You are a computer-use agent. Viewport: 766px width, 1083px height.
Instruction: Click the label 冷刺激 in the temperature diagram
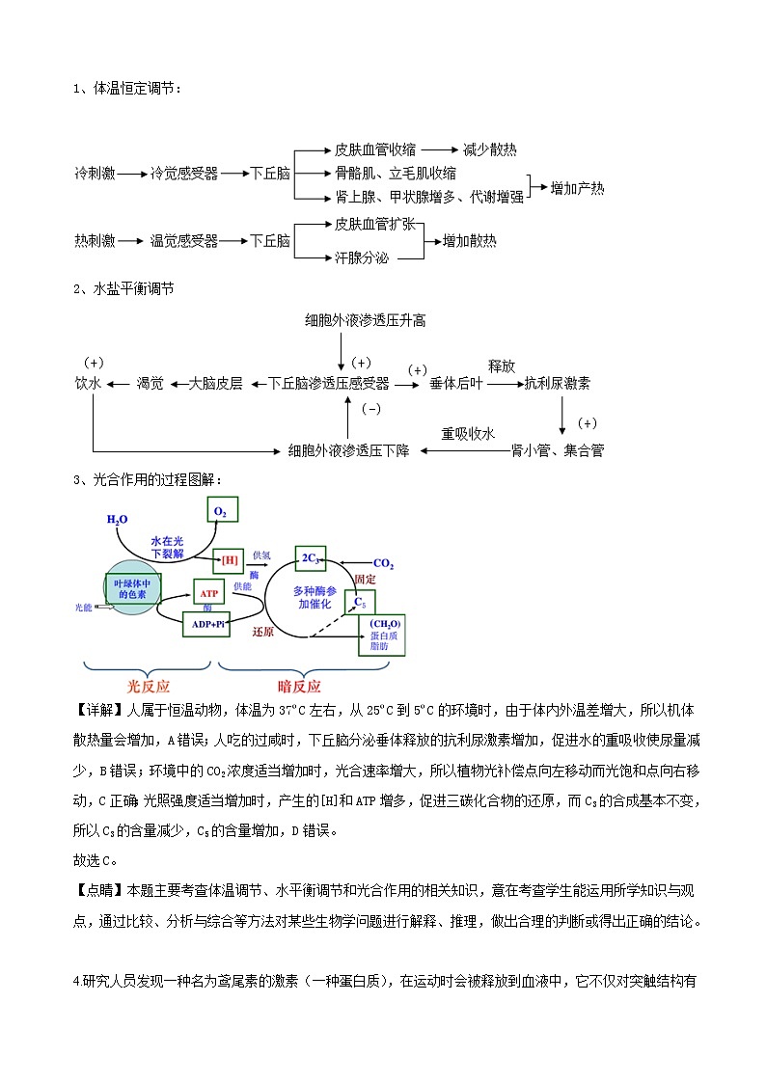coord(95,174)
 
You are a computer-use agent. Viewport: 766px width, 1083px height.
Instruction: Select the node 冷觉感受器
coord(184,174)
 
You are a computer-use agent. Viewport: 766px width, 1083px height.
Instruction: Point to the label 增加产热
coord(577,189)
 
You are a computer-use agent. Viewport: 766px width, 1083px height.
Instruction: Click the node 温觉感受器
coord(184,241)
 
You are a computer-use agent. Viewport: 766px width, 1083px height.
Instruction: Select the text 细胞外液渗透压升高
coord(365,320)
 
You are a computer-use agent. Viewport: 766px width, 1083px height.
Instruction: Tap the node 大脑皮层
coord(215,383)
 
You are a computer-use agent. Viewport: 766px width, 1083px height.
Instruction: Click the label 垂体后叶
coord(456,383)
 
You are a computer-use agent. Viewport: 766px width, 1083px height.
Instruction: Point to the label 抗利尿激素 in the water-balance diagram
coord(558,383)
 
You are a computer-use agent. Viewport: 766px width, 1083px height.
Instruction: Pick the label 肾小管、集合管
coord(558,449)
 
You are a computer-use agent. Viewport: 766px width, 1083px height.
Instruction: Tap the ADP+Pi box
coord(206,624)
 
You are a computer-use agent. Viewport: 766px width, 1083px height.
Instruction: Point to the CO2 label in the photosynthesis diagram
coord(383,563)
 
